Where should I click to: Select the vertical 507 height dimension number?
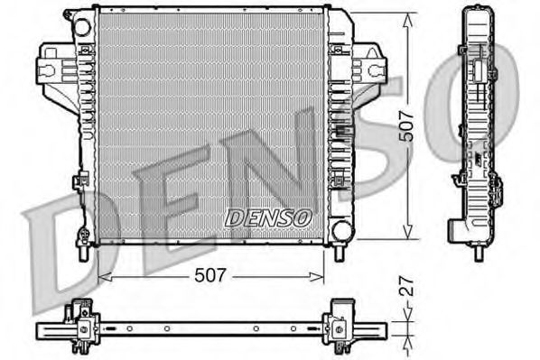408,126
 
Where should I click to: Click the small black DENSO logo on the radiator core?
267,217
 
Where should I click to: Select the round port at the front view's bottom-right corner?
340,230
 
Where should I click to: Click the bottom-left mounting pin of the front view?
83,252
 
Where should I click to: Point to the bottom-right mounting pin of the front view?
340,252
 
